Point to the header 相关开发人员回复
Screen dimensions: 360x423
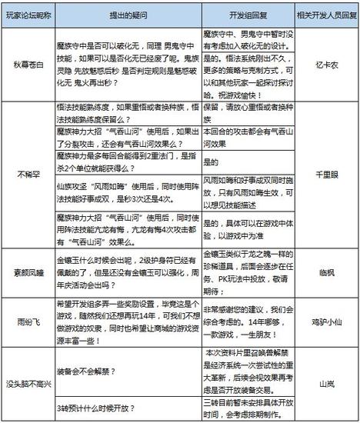pyautogui.click(x=325, y=15)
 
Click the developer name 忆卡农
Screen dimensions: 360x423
pyautogui.click(x=325, y=66)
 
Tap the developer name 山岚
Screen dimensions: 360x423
pyautogui.click(x=325, y=383)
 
